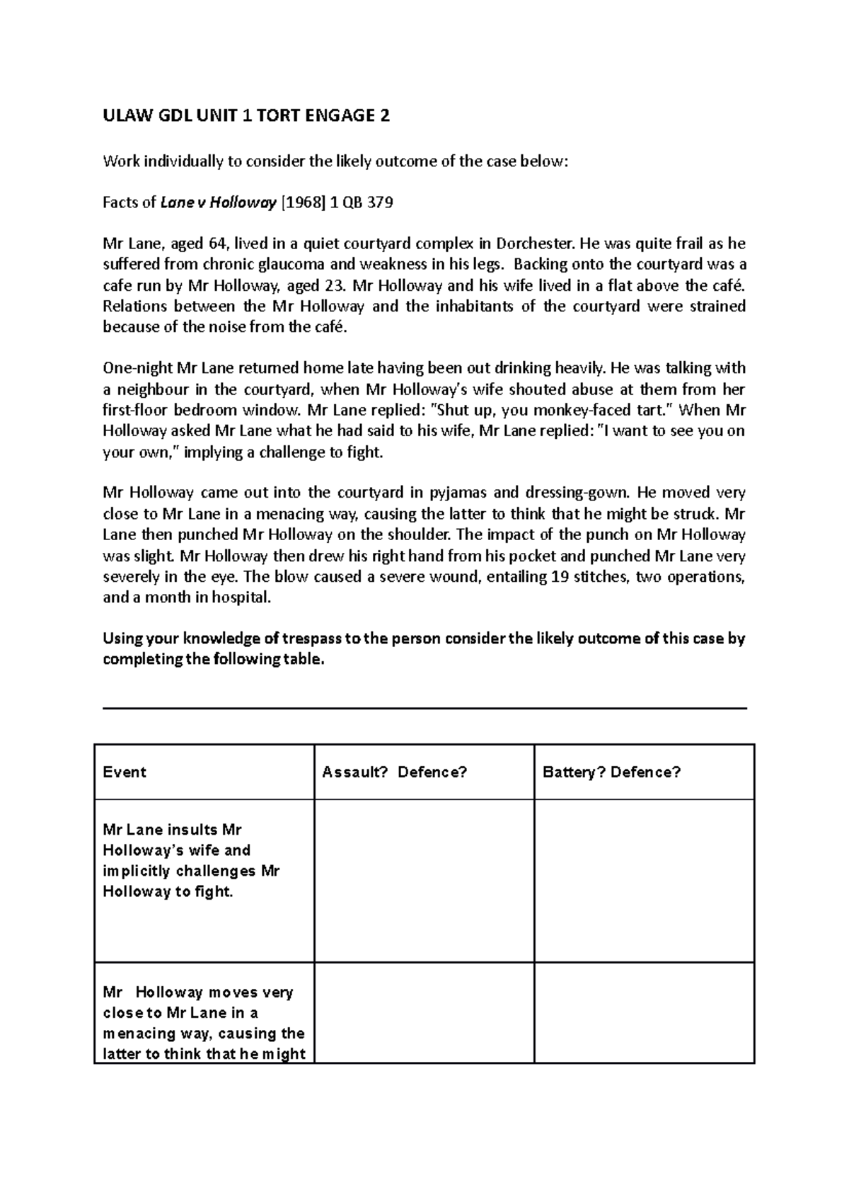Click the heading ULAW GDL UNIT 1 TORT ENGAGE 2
246,116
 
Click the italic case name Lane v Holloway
218,203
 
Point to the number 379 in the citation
380,203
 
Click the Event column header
125,772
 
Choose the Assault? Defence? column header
395,772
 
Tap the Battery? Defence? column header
611,772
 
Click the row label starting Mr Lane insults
191,860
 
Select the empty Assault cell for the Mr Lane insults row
424,881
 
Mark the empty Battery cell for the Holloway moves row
644,1012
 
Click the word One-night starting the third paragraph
137,368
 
